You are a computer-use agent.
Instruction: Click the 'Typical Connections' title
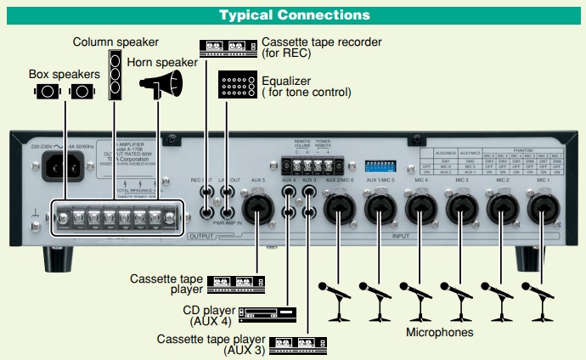[294, 14]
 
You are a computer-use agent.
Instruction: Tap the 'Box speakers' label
[65, 74]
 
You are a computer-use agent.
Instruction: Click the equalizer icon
[239, 86]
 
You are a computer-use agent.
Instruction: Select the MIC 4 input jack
[420, 206]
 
